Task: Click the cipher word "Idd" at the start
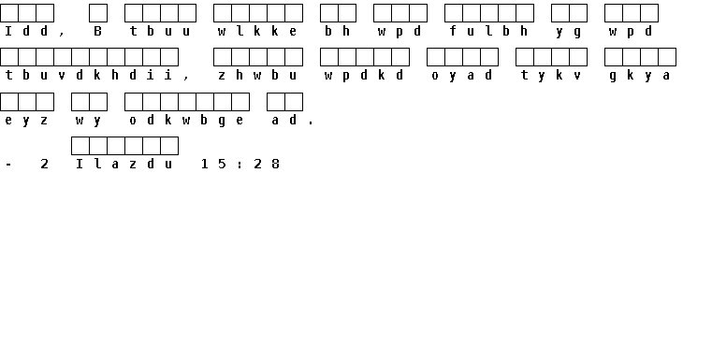(26, 31)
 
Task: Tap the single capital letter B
(97, 31)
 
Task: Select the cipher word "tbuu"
(160, 31)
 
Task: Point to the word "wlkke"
(257, 31)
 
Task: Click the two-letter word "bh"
(338, 31)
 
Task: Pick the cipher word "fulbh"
(488, 31)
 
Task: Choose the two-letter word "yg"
(569, 32)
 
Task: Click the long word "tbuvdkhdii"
(89, 75)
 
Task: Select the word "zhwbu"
(257, 75)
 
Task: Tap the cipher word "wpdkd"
(364, 76)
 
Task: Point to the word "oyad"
(462, 76)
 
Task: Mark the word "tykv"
(551, 76)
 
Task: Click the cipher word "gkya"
(640, 76)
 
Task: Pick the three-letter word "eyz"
(26, 121)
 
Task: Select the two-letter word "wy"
(89, 121)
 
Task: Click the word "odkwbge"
(186, 121)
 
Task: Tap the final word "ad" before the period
(284, 120)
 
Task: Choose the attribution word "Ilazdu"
(124, 164)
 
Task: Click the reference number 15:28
(240, 164)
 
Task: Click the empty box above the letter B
(98, 13)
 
